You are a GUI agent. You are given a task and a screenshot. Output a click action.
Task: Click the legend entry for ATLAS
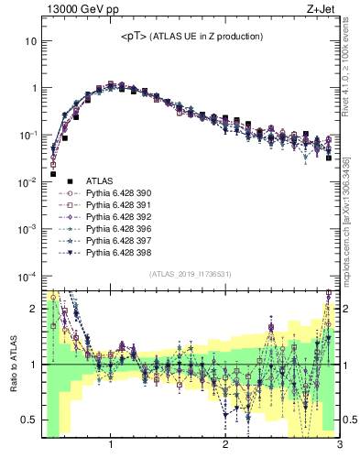pyautogui.click(x=98, y=181)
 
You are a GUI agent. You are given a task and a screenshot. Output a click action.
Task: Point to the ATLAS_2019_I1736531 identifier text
pyautogui.click(x=190, y=275)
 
